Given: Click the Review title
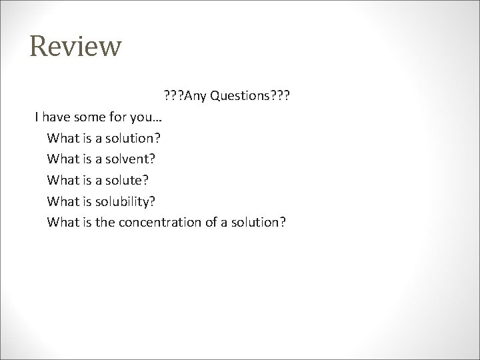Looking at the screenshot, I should point(76,47).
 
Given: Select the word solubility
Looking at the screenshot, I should point(131,201).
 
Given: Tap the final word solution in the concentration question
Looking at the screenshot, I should point(261,221).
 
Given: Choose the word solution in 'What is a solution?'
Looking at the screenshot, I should point(137,139).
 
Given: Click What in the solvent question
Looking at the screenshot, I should point(62,159).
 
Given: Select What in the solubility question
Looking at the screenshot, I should point(62,201).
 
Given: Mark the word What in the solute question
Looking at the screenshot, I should point(62,180).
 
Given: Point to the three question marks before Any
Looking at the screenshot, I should point(171,97).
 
